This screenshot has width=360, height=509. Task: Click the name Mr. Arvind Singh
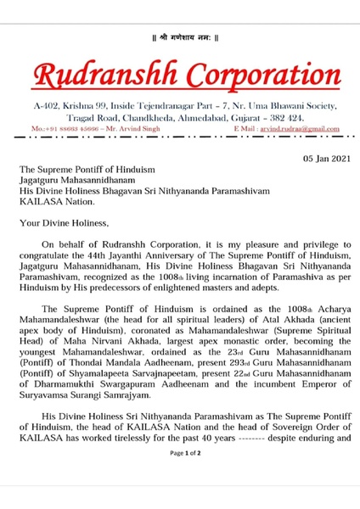(132, 127)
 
